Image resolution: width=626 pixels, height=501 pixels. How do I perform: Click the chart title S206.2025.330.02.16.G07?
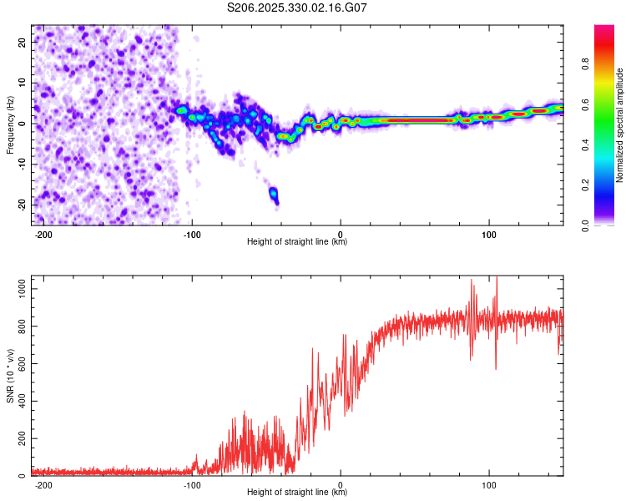pos(298,8)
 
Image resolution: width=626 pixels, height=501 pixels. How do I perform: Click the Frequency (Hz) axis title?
pos(10,125)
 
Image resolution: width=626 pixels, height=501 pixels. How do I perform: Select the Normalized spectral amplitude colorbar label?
pos(619,125)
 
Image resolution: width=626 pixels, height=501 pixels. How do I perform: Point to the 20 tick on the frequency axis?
pos(23,41)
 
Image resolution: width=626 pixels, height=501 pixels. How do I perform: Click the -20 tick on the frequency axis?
pos(22,205)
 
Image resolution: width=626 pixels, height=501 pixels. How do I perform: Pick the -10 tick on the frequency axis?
pos(22,164)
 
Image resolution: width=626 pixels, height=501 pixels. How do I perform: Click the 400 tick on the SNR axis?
pos(20,401)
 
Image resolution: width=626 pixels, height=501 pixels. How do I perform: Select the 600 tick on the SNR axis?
pos(20,363)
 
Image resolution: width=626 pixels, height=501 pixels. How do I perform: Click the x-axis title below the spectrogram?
pos(297,242)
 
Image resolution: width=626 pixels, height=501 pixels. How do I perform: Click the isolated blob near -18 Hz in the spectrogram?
pos(273,194)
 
